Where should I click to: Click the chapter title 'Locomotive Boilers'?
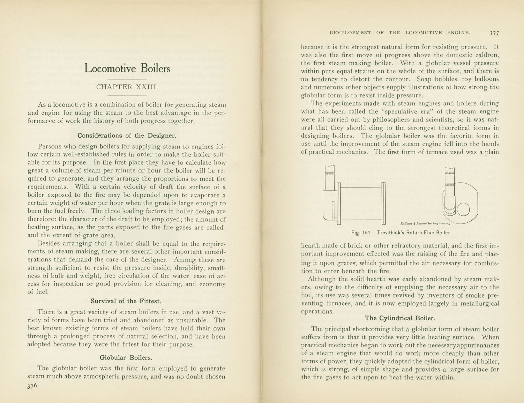[127, 68]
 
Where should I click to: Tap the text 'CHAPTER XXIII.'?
[127, 87]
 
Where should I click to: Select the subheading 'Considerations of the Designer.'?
[127, 135]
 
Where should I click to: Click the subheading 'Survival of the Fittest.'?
[126, 301]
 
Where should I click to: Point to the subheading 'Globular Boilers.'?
[126, 357]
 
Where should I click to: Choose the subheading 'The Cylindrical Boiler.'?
[400, 318]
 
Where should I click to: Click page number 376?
[32, 386]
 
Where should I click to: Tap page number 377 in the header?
[494, 33]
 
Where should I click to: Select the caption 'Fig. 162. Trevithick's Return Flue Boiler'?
[400, 232]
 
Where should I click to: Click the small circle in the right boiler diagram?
[463, 210]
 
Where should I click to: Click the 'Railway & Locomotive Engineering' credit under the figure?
[425, 223]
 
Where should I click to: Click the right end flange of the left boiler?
[384, 203]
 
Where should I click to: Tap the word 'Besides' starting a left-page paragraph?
[48, 244]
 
